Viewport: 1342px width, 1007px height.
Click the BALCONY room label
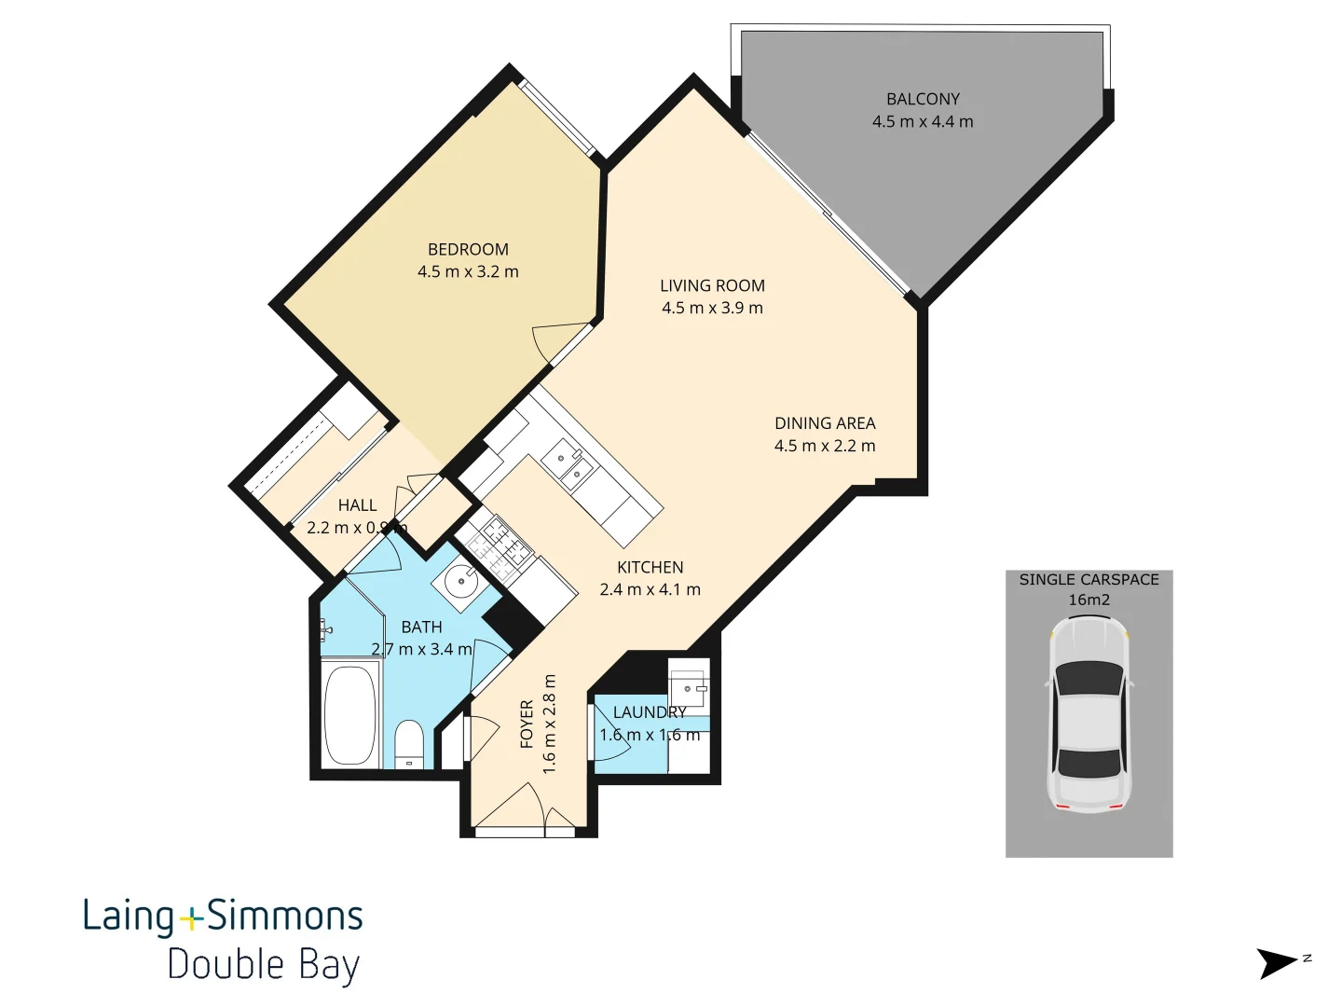(x=923, y=99)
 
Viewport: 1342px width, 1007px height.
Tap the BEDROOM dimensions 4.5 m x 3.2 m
(x=468, y=272)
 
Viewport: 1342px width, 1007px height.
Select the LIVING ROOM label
(x=712, y=285)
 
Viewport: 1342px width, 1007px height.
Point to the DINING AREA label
(x=825, y=423)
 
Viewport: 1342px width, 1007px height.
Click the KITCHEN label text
(x=650, y=567)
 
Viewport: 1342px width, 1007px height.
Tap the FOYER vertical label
(x=527, y=724)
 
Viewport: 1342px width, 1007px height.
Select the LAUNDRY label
(x=650, y=712)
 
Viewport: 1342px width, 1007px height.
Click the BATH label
(x=421, y=627)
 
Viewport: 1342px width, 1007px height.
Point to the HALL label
(x=357, y=505)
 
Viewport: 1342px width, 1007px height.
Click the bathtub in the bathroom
(x=350, y=714)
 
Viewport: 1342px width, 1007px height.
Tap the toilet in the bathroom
(x=409, y=744)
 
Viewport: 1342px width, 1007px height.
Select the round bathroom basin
(x=460, y=583)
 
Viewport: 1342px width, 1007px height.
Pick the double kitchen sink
(x=569, y=465)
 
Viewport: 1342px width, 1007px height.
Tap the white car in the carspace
(x=1089, y=713)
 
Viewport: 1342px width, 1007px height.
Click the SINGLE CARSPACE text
(x=1089, y=579)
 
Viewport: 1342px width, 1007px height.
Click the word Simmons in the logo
(x=284, y=916)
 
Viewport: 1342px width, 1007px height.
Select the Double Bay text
(x=263, y=964)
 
